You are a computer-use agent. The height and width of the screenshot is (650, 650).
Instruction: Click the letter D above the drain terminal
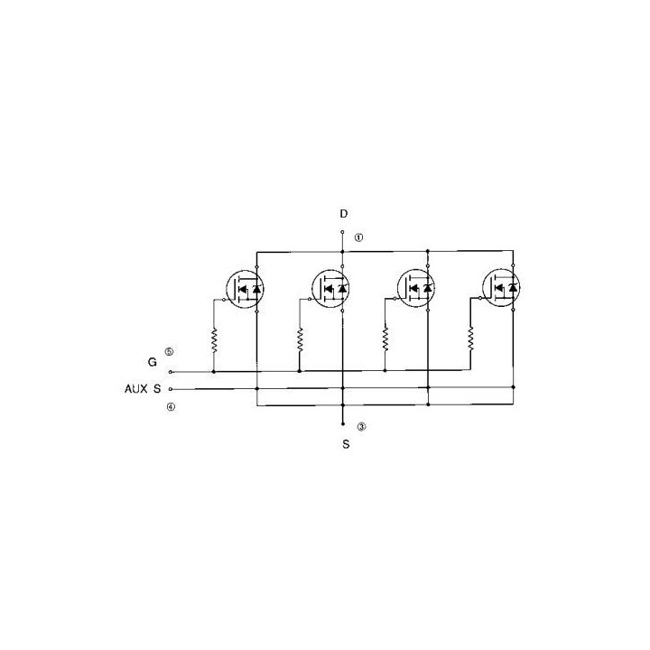tap(344, 214)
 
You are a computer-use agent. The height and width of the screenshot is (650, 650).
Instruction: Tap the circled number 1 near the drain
tap(358, 237)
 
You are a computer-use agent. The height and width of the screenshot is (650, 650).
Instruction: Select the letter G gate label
tap(153, 362)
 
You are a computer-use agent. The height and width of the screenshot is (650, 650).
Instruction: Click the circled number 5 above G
tap(169, 351)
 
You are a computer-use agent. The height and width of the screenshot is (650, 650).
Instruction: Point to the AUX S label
tap(143, 389)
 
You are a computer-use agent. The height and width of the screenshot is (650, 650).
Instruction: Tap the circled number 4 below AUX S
tap(171, 407)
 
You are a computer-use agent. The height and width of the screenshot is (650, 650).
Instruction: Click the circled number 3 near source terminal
tap(362, 426)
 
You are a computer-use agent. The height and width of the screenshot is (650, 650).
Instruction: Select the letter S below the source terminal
tap(346, 444)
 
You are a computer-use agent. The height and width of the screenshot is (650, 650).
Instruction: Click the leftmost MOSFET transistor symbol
tap(245, 289)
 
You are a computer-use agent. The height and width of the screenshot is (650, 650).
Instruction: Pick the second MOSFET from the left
tap(330, 288)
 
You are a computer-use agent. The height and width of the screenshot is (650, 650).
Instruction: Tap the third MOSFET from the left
tap(416, 288)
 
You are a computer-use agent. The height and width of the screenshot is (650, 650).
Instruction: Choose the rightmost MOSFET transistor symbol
tap(502, 287)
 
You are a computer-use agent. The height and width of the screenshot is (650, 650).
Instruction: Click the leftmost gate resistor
tap(214, 340)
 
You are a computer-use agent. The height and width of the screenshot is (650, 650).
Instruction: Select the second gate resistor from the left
tap(300, 340)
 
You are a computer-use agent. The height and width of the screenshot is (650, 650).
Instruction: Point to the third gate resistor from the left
tap(385, 339)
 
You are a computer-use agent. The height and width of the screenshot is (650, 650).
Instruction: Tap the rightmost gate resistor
tap(470, 339)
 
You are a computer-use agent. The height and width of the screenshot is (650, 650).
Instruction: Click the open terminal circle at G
tap(171, 372)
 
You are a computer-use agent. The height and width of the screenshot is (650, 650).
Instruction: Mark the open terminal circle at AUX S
tap(171, 390)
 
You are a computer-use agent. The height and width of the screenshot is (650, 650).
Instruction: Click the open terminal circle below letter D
tap(342, 232)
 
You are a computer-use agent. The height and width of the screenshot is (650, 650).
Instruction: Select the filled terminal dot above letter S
tap(343, 424)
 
